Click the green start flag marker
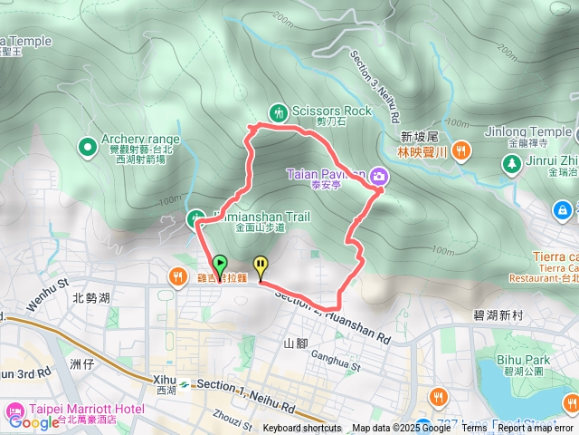click(x=220, y=266)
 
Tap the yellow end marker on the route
click(x=261, y=266)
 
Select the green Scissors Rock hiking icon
click(x=279, y=111)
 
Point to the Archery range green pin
click(x=87, y=145)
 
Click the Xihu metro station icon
click(x=184, y=383)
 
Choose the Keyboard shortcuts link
click(x=302, y=429)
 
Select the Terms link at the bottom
click(x=474, y=429)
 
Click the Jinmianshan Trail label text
click(x=261, y=217)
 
